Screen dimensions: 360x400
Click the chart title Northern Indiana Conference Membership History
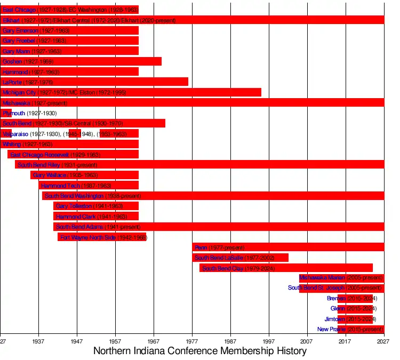coord(200,351)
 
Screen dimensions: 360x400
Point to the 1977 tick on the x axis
coord(192,340)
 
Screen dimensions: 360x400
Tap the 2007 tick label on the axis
coord(307,340)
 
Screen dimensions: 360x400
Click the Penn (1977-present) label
coord(219,247)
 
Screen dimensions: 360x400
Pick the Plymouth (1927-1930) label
coord(29,113)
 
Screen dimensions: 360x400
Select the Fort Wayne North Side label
coord(103,237)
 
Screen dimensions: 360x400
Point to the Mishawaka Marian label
coord(341,277)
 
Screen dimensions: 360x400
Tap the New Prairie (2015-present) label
coord(350,329)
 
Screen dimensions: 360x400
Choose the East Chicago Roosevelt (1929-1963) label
coord(55,155)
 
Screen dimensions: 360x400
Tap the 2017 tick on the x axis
coord(346,340)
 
